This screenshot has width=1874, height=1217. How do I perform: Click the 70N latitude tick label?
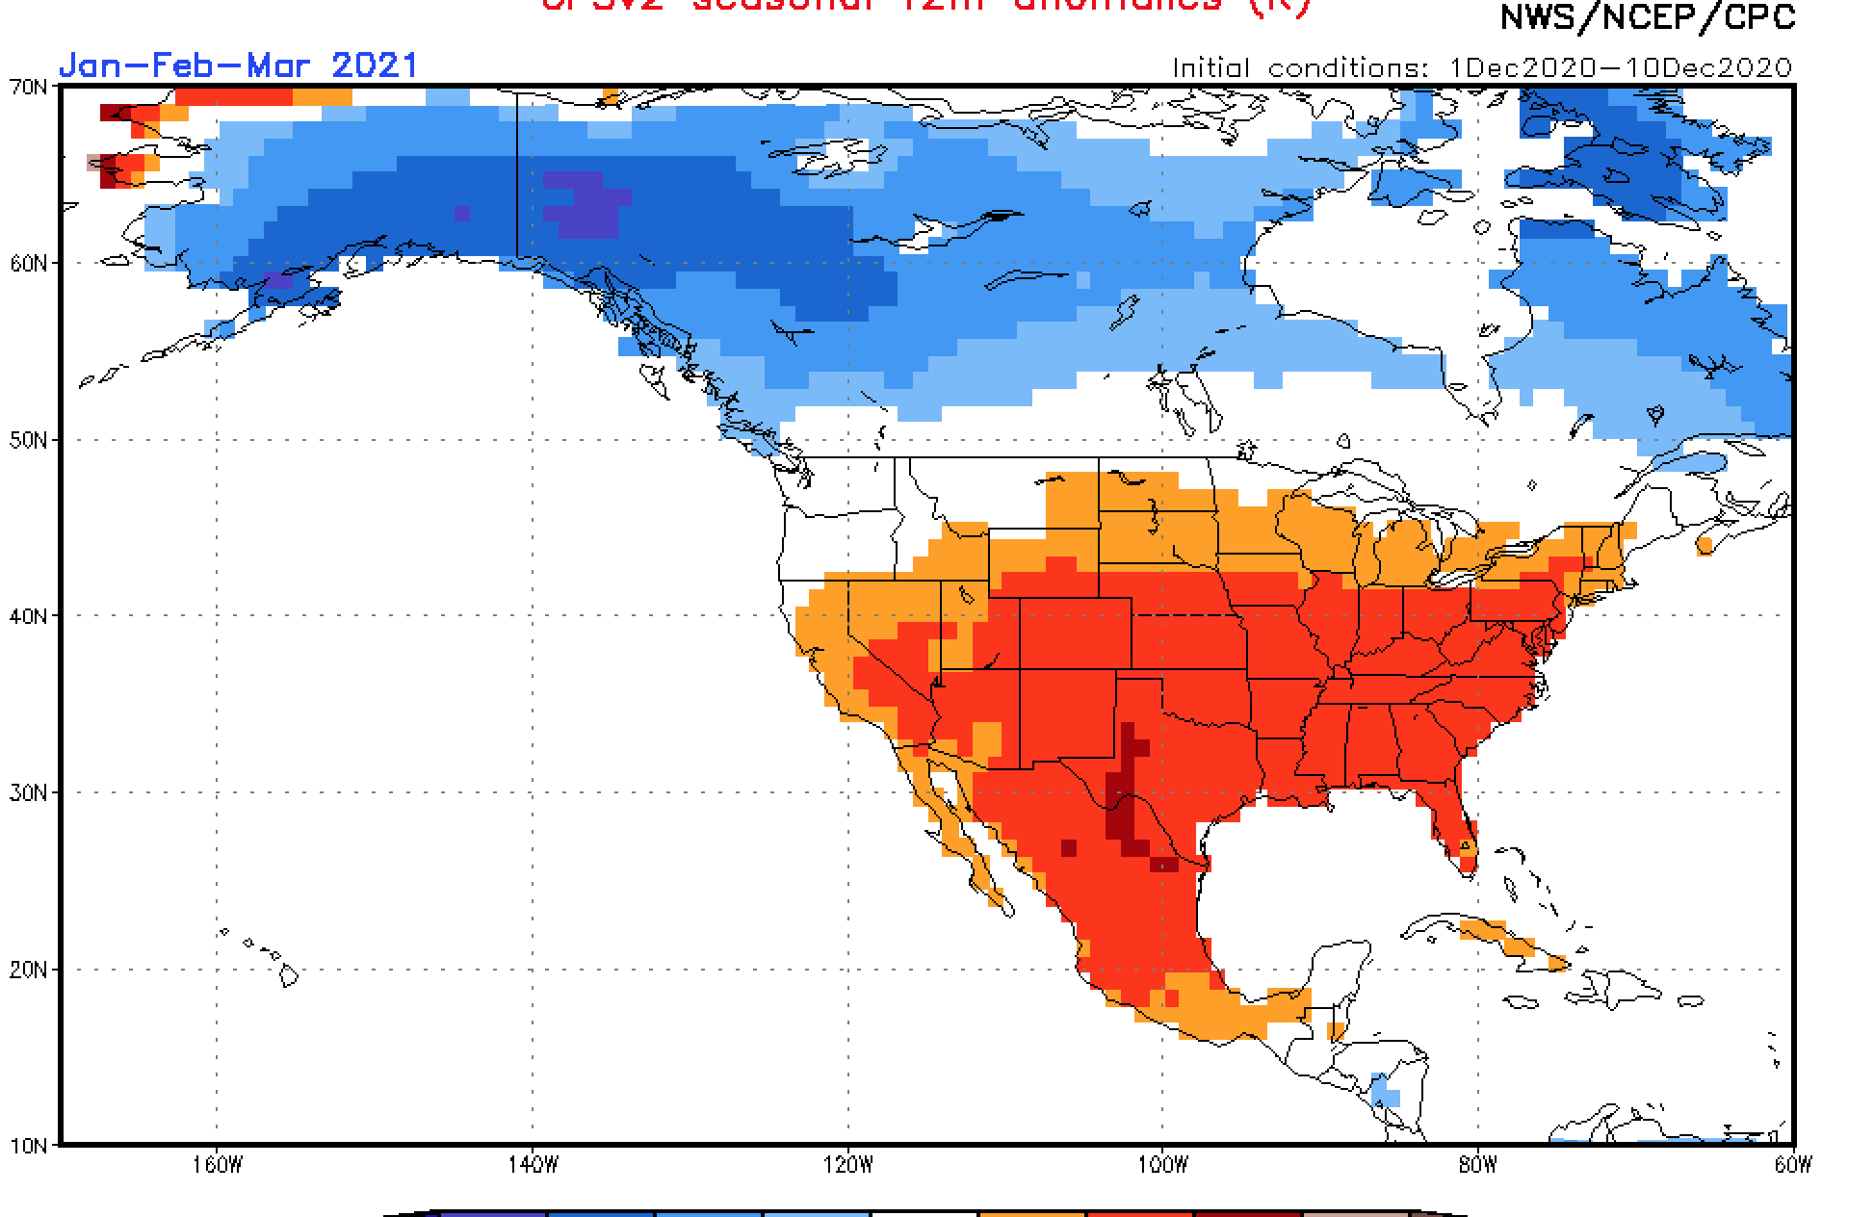28,87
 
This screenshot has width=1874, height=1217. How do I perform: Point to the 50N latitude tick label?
28,440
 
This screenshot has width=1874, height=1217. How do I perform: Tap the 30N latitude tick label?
28,792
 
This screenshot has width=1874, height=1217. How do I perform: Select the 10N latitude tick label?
28,1146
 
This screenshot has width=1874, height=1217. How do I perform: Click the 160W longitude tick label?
216,1165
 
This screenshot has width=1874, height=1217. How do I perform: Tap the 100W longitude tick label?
1162,1165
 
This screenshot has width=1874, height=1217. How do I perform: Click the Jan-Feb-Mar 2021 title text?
238,65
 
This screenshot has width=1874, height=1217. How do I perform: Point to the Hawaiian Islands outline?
288,974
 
